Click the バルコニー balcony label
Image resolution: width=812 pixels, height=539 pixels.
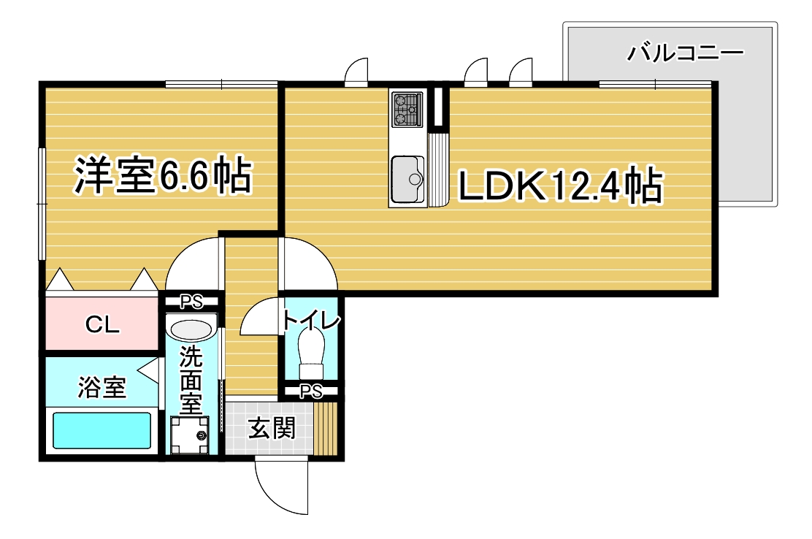[x=685, y=53]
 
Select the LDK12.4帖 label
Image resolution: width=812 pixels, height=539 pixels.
[x=559, y=187]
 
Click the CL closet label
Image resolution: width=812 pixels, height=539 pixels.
[x=102, y=326]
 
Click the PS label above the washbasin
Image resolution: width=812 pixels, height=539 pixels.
[x=192, y=299]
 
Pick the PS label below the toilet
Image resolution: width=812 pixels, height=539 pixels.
[x=310, y=391]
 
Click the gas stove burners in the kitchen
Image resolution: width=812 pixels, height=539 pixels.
[x=407, y=107]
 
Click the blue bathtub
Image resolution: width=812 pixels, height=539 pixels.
[x=102, y=430]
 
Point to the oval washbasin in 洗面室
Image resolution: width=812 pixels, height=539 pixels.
[x=192, y=329]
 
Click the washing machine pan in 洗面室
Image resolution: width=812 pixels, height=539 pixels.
[x=189, y=435]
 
